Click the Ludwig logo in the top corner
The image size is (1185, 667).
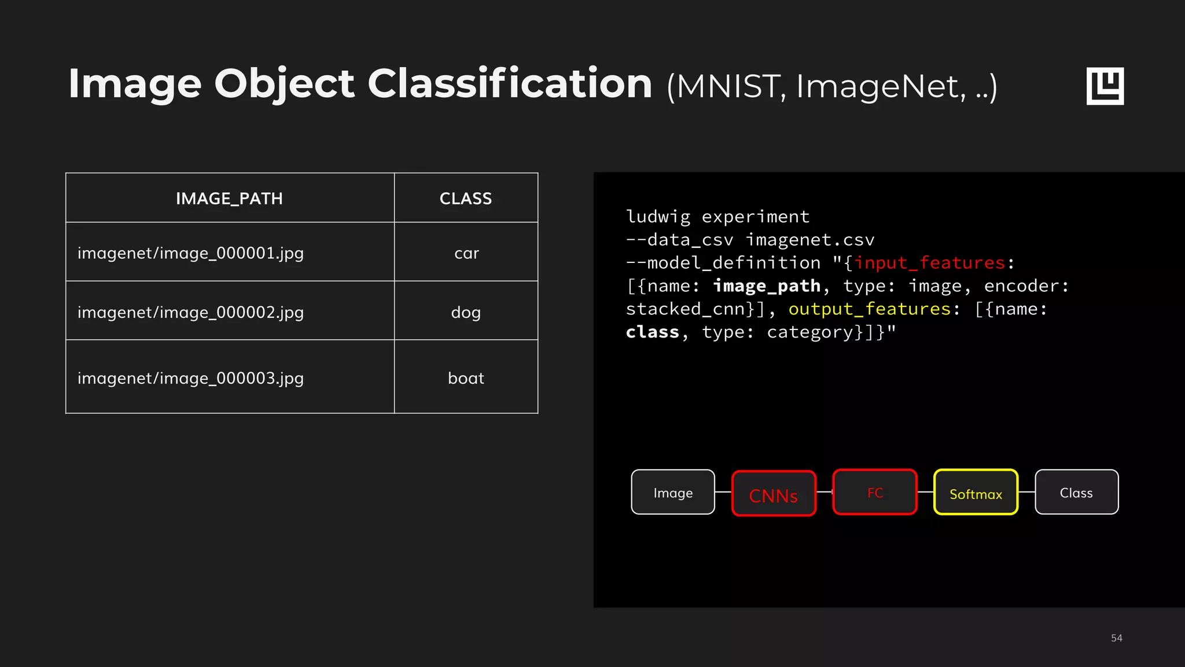1105,86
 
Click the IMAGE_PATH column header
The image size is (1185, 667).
229,199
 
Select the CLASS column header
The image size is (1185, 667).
466,199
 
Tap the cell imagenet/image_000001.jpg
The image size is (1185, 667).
190,253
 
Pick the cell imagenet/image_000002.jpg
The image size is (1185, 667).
190,312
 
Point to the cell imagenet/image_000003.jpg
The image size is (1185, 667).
190,378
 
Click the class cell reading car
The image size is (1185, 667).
466,253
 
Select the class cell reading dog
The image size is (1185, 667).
466,312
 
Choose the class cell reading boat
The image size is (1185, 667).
466,378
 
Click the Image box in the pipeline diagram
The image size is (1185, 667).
673,492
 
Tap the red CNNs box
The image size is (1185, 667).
774,494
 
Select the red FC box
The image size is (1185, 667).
875,492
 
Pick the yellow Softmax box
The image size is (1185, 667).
976,493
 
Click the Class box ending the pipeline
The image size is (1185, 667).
1076,492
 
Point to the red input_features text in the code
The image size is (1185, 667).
930,263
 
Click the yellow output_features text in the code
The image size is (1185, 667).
870,309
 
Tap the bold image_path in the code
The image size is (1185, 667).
767,286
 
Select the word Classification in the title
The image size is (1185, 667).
510,83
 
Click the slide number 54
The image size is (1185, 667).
1116,638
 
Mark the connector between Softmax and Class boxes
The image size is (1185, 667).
1026,492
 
